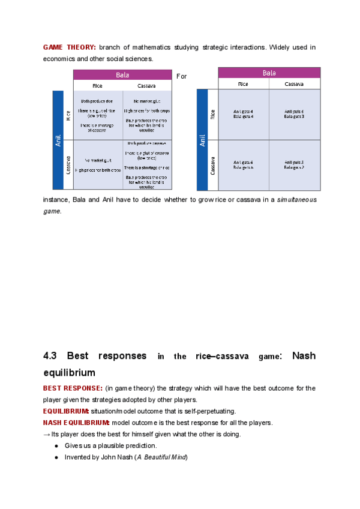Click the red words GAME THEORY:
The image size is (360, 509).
point(69,47)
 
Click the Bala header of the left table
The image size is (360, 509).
point(122,75)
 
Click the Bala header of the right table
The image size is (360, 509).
point(269,73)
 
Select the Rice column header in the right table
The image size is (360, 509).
point(242,84)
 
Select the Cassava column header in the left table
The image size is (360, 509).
point(147,86)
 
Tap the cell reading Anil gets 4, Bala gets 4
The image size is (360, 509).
point(243,114)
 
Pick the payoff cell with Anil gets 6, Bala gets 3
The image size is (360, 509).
point(294,114)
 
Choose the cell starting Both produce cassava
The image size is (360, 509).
point(147,164)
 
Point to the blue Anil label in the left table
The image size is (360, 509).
point(58,140)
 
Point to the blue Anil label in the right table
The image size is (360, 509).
point(203,140)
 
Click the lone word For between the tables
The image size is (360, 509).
point(182,76)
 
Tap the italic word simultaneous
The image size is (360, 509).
point(297,199)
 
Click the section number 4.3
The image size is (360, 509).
point(50,356)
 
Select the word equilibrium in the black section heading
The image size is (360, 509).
point(69,373)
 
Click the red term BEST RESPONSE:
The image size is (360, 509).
point(72,389)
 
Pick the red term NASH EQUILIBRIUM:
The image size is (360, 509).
point(76,423)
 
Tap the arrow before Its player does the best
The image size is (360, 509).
point(47,434)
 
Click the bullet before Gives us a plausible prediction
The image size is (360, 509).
point(56,445)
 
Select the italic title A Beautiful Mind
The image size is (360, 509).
point(161,457)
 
